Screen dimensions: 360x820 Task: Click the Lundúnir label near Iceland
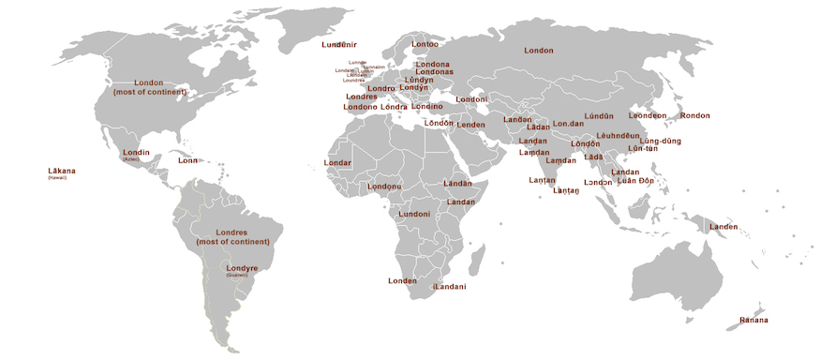[x=338, y=44]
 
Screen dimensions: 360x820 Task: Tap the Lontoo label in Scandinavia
[x=424, y=44]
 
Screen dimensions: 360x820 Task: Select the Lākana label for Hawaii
[x=62, y=171]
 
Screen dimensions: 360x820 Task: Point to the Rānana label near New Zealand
[x=753, y=321]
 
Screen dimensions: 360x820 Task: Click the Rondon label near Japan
[x=694, y=115]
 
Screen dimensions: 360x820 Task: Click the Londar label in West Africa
[x=337, y=162]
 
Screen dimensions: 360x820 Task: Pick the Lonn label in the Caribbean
[x=188, y=160]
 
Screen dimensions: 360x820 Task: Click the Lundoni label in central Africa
[x=414, y=214]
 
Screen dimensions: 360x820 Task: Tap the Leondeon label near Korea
[x=648, y=115]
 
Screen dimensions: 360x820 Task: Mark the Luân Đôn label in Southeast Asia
[x=635, y=180]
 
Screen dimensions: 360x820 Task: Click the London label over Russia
[x=539, y=50]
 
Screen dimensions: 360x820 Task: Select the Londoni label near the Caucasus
[x=470, y=99]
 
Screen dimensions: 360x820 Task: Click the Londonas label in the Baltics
[x=434, y=72]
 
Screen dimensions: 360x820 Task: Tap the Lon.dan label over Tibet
[x=568, y=123]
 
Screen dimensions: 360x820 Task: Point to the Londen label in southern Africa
[x=402, y=280]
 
